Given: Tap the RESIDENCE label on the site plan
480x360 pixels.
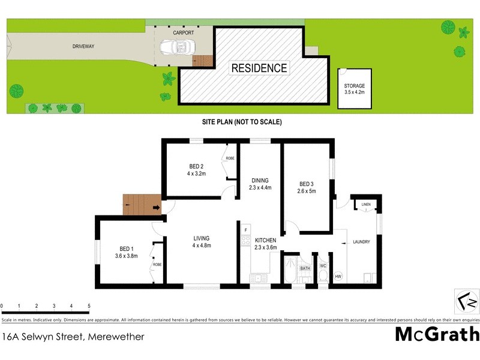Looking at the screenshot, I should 259,68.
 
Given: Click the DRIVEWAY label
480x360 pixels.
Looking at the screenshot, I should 83,46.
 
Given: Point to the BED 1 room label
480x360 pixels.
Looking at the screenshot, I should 126,252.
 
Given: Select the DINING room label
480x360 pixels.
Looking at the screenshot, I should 260,184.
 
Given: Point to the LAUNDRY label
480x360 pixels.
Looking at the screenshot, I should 361,242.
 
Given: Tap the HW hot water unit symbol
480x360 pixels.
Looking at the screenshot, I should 338,276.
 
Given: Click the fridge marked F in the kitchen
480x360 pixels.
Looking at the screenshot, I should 245,230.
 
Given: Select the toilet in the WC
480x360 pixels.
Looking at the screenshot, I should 322,277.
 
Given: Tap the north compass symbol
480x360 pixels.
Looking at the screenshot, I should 466,298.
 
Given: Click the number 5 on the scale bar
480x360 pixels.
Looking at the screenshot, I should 89,306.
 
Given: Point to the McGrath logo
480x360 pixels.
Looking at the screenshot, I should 437,334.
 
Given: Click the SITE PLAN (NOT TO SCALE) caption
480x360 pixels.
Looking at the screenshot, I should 241,122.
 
